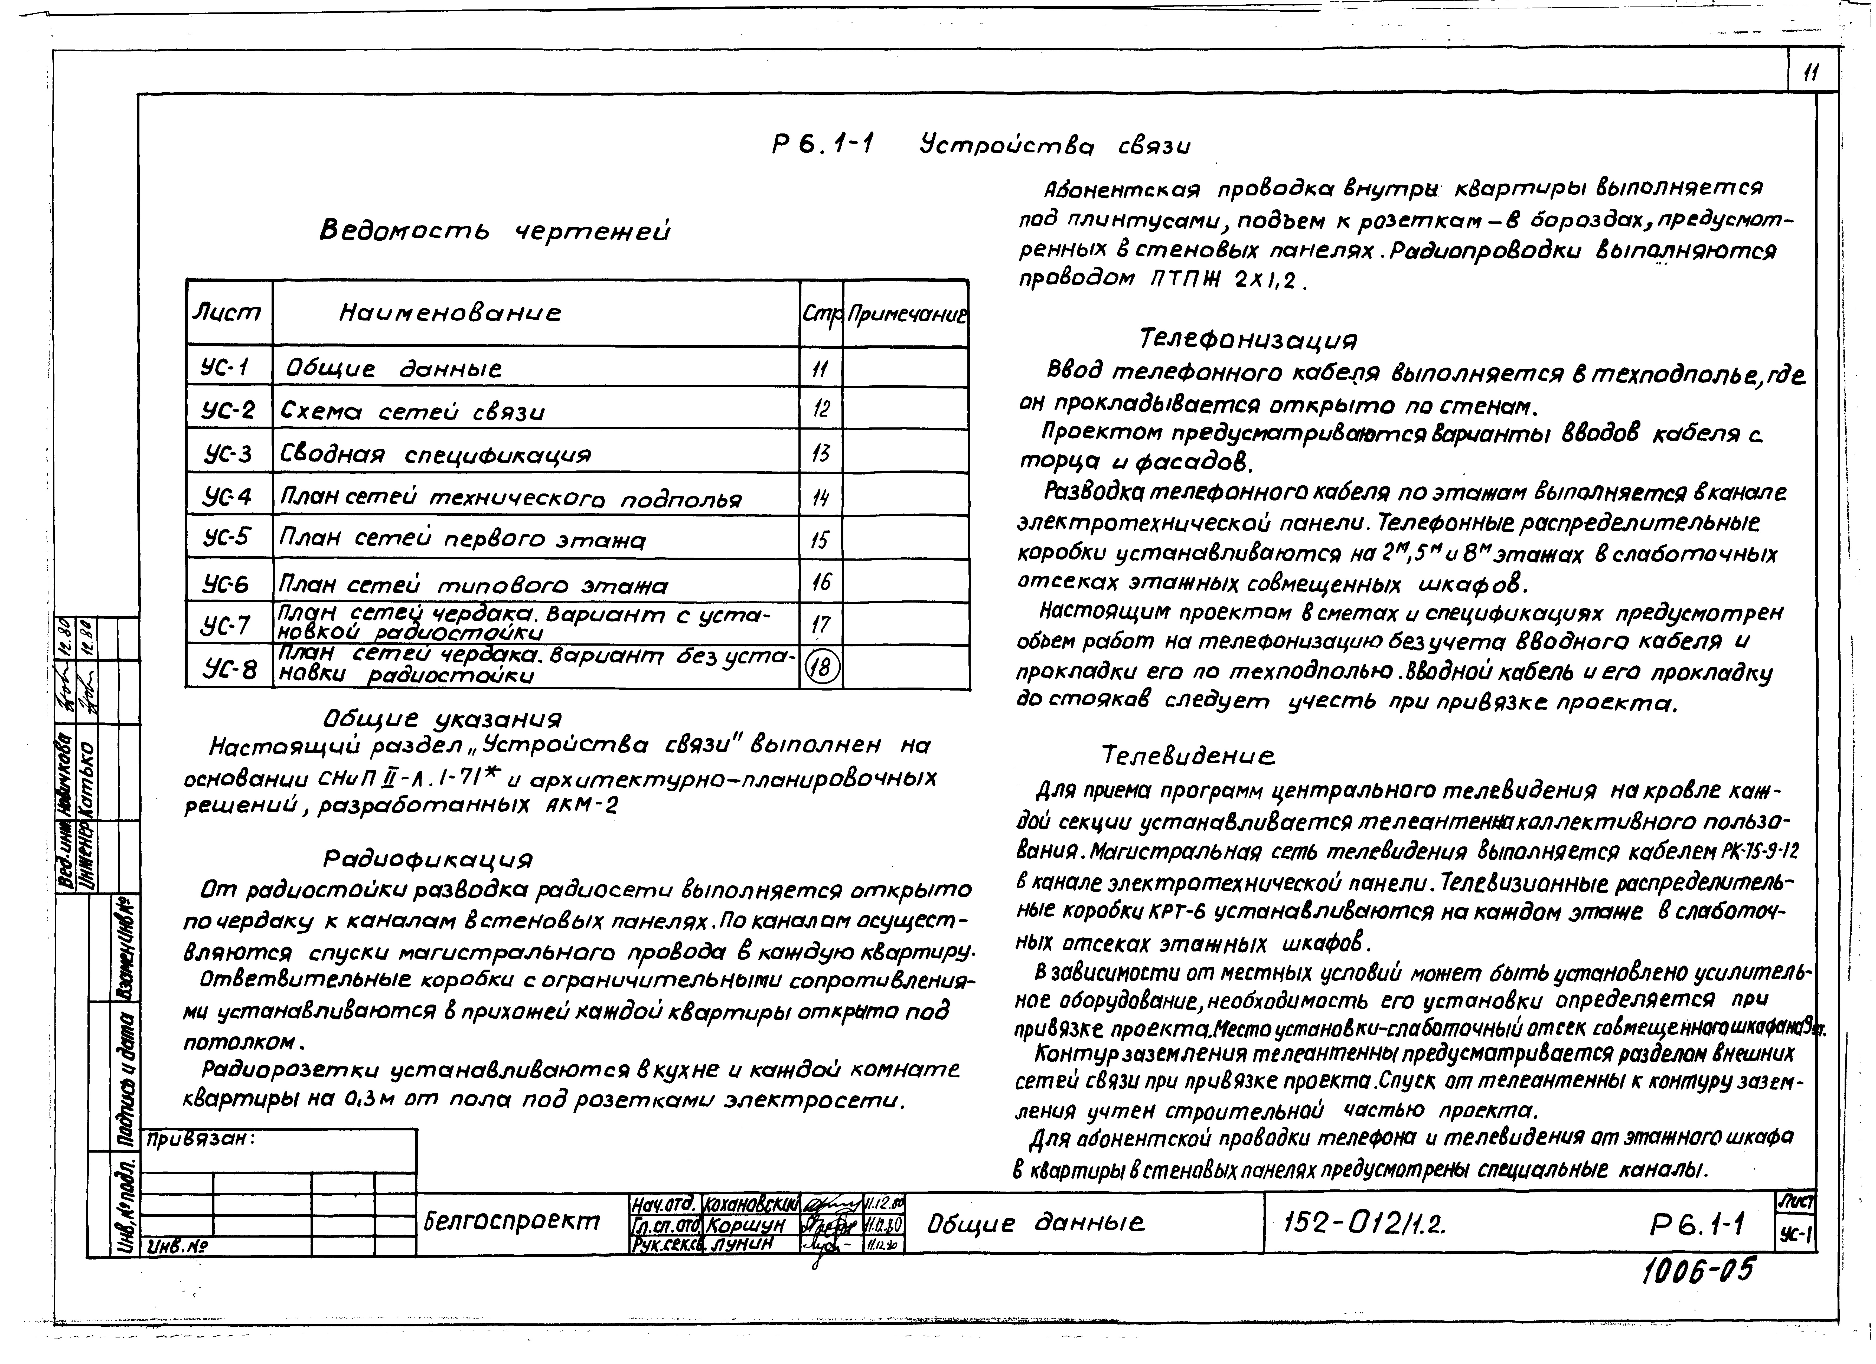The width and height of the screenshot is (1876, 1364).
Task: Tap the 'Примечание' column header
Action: point(906,314)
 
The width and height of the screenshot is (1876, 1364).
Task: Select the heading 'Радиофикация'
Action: point(428,859)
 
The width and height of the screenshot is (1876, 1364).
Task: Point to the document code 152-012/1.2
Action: point(1365,1222)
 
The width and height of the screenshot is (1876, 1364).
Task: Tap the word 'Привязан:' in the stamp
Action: point(200,1139)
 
